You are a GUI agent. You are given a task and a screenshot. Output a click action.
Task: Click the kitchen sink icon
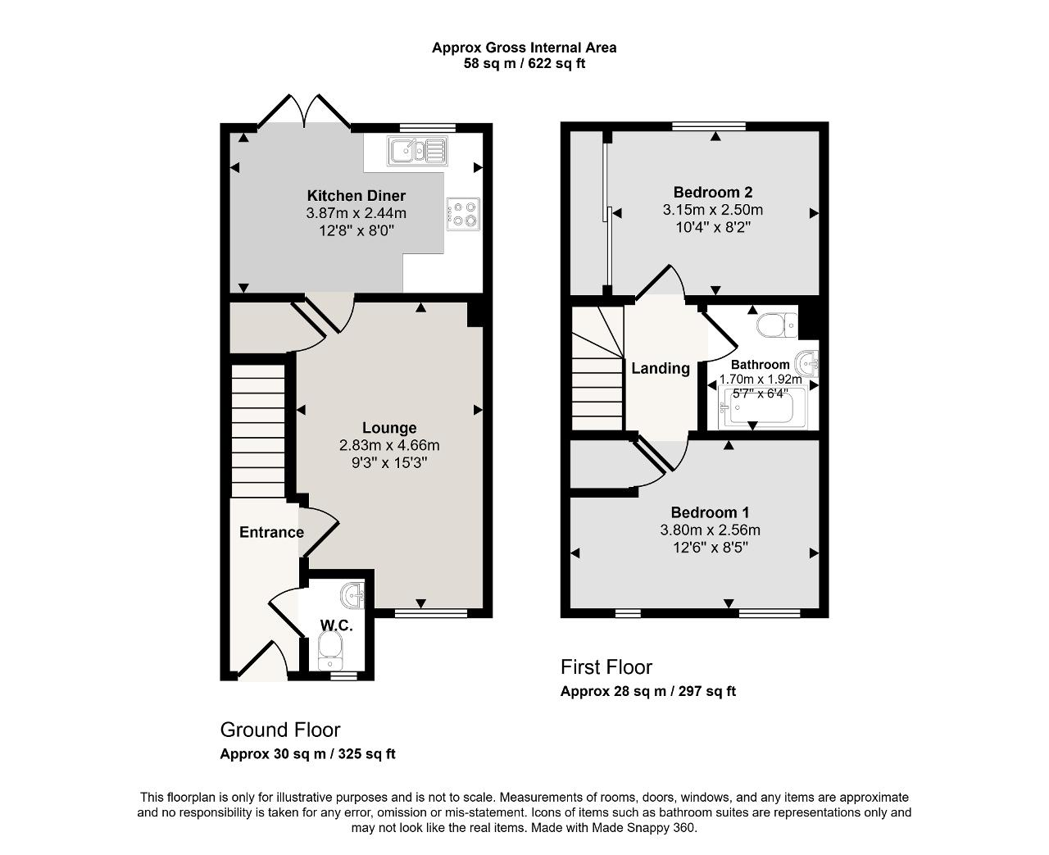pyautogui.click(x=418, y=150)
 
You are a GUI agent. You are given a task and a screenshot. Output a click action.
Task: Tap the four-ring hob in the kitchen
pyautogui.click(x=463, y=214)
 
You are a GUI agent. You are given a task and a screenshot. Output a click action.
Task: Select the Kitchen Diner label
pyautogui.click(x=356, y=196)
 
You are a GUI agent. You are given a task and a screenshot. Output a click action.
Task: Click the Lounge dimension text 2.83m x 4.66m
pyautogui.click(x=389, y=445)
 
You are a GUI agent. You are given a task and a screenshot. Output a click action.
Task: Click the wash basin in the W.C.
pyautogui.click(x=352, y=595)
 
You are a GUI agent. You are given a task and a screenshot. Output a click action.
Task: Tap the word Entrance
pyautogui.click(x=271, y=532)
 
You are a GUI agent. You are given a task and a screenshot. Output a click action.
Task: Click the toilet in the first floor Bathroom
pyautogui.click(x=777, y=325)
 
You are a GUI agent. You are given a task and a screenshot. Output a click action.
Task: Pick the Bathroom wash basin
pyautogui.click(x=806, y=364)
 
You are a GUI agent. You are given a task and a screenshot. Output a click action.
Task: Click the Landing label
pyautogui.click(x=661, y=368)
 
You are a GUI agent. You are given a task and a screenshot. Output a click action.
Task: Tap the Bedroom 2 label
pyautogui.click(x=713, y=192)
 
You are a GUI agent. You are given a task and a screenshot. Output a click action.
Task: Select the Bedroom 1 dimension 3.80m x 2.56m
pyautogui.click(x=711, y=530)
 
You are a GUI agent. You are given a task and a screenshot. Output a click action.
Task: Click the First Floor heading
pyautogui.click(x=606, y=667)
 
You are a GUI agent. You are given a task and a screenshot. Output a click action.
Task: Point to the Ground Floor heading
pyautogui.click(x=279, y=730)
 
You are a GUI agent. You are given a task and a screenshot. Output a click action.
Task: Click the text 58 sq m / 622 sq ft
pyautogui.click(x=524, y=64)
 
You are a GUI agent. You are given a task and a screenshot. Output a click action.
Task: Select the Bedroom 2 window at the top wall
pyautogui.click(x=709, y=126)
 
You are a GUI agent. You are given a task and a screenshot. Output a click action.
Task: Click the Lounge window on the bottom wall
pyautogui.click(x=431, y=613)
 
